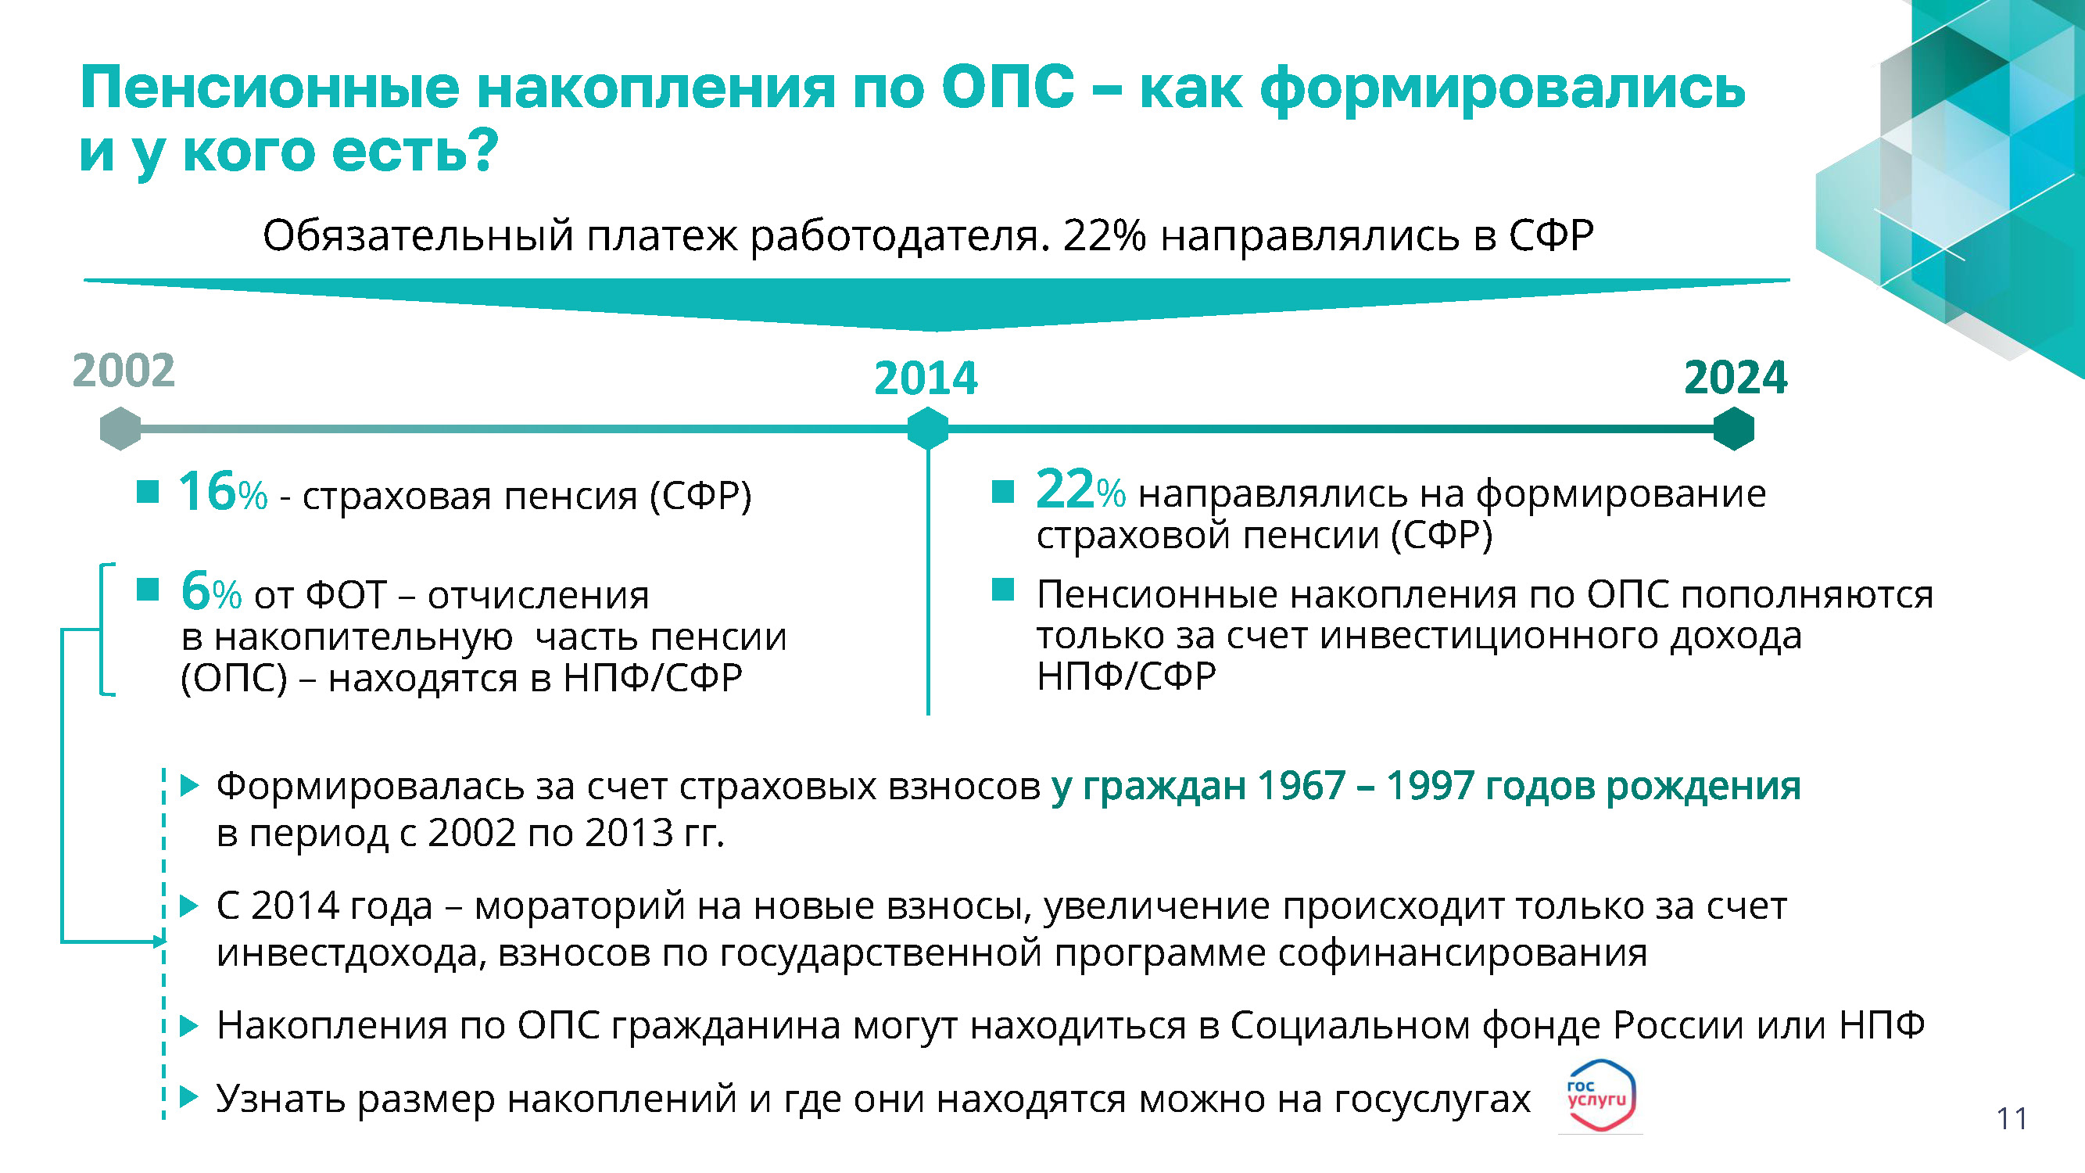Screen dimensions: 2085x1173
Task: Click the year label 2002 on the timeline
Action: [x=124, y=371]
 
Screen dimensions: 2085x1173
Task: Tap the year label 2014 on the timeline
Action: [x=926, y=378]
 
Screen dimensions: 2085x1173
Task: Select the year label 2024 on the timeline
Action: [x=1736, y=377]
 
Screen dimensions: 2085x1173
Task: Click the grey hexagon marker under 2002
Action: [x=120, y=429]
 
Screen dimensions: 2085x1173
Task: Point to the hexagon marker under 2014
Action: [x=927, y=429]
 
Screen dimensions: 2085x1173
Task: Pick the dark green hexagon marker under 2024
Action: [x=1734, y=429]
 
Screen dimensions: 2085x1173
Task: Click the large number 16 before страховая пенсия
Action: [x=207, y=491]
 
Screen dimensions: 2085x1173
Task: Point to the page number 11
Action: [x=2012, y=1119]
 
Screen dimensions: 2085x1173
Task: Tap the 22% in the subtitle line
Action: [x=1104, y=235]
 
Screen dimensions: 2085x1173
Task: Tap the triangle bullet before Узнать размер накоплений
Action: [x=188, y=1097]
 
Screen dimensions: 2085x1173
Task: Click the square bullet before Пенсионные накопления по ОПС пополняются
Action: [x=1003, y=590]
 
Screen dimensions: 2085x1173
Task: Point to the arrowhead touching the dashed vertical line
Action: [x=159, y=941]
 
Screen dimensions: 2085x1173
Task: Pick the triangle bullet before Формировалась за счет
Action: [x=188, y=784]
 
